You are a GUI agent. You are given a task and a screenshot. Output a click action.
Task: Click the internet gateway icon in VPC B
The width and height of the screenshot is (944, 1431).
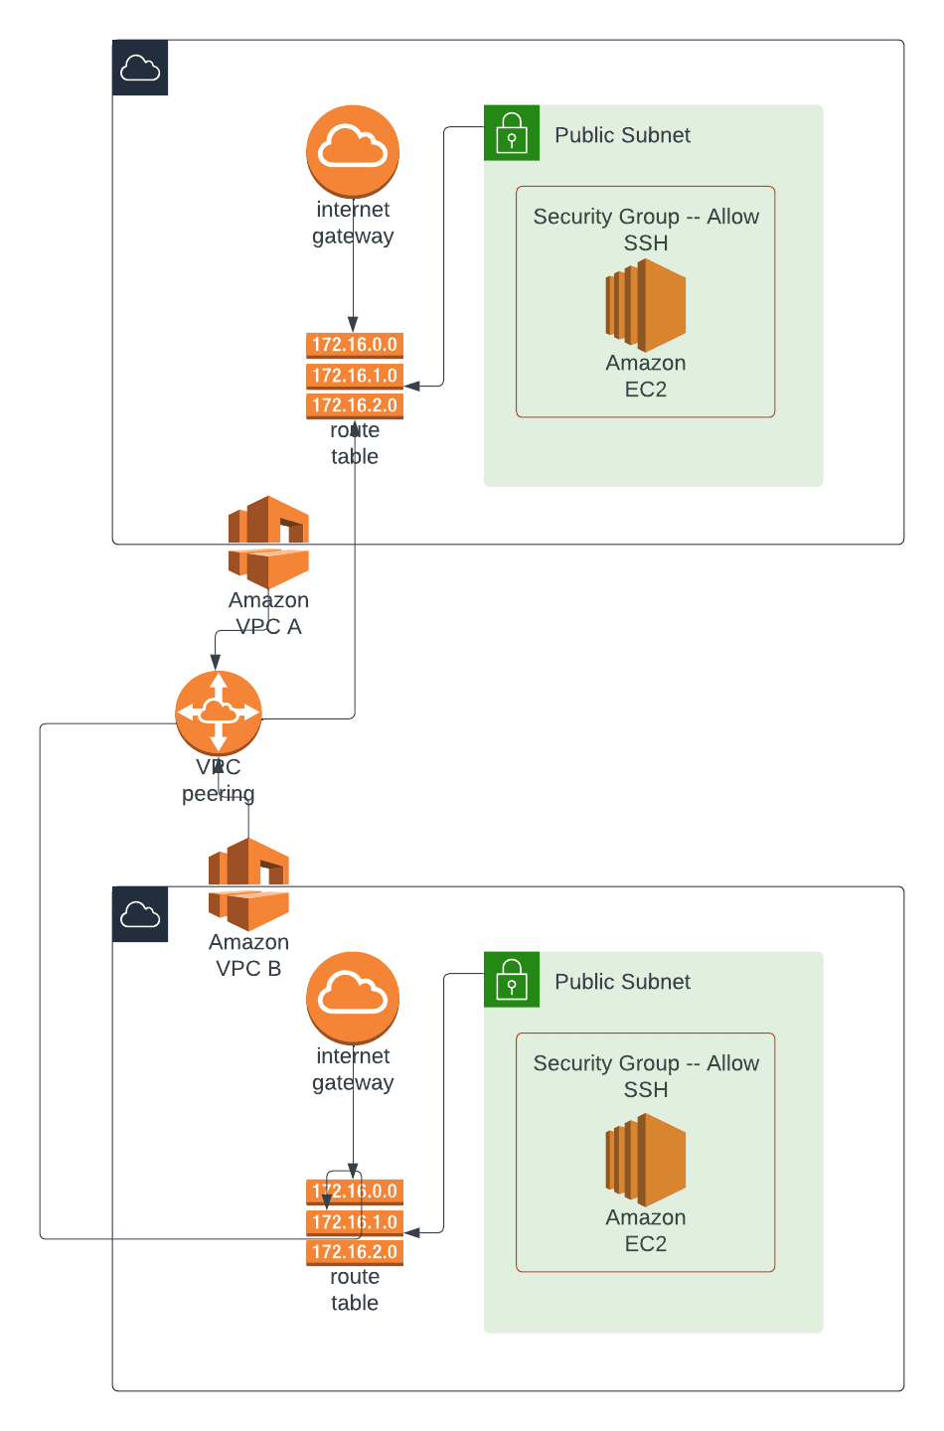tap(353, 997)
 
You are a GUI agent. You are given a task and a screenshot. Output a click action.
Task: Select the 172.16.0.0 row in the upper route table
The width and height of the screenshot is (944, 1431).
tap(355, 345)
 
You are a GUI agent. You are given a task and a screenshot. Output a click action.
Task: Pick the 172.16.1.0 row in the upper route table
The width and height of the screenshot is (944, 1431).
tap(355, 376)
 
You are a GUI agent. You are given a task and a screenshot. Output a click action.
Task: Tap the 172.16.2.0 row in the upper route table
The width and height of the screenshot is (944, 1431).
tap(355, 405)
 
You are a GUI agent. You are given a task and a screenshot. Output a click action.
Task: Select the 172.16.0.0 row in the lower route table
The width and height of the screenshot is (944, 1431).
tap(355, 1192)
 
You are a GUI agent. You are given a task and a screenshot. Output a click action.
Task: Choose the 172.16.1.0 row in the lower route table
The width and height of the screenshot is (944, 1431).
tap(355, 1222)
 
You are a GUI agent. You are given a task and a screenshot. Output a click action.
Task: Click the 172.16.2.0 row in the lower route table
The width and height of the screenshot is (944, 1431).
tap(355, 1252)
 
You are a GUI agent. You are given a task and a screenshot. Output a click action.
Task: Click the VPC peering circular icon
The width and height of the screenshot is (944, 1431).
tap(219, 713)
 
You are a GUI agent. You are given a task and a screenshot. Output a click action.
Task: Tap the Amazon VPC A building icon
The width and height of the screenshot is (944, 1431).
tap(268, 542)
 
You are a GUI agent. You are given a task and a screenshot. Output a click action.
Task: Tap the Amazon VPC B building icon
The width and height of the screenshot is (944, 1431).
tap(248, 883)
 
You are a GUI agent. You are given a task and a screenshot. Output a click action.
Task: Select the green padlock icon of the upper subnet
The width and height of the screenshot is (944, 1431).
tap(512, 132)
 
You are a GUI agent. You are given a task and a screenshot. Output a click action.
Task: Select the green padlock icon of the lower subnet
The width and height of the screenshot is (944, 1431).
tap(512, 979)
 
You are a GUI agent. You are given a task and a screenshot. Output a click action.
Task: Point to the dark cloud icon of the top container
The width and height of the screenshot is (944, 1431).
tap(140, 68)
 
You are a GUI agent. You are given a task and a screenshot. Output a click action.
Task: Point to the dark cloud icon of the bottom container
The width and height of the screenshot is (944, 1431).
tap(140, 914)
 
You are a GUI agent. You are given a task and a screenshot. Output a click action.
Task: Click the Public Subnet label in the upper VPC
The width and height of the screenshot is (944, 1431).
tap(622, 135)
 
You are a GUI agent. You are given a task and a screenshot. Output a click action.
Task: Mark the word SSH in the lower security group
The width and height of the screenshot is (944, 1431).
tap(646, 1090)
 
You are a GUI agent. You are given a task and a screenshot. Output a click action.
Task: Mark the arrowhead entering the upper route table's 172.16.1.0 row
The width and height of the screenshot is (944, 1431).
tap(410, 386)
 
